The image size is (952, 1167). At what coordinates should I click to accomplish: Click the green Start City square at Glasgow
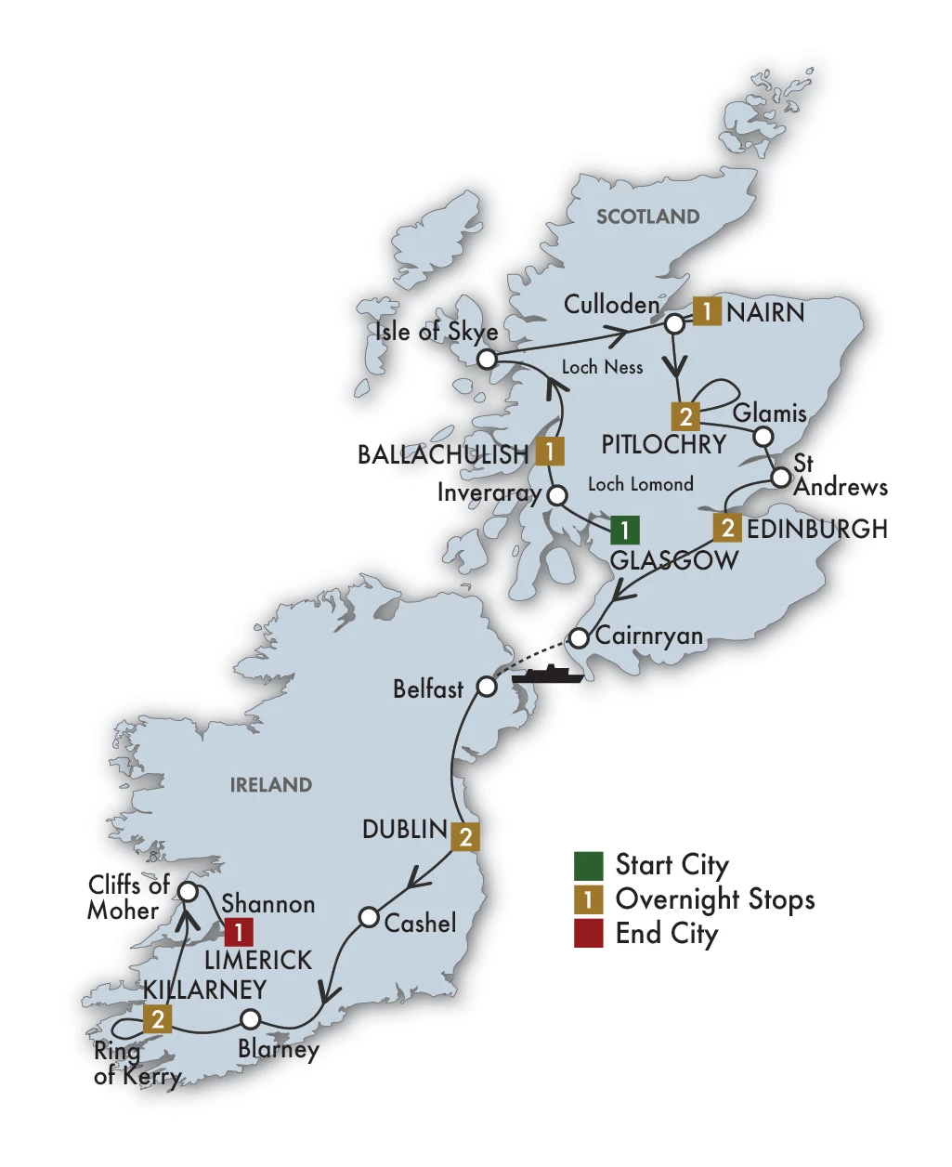pos(624,530)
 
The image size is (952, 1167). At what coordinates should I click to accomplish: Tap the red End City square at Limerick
pos(239,932)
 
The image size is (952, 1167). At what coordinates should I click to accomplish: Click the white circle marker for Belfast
pos(487,687)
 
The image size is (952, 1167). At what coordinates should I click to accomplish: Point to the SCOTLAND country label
pos(647,216)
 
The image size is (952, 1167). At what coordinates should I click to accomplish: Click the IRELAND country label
pos(271,785)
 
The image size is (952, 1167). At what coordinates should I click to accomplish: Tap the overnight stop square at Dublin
pos(465,836)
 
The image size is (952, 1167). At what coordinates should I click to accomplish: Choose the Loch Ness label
pos(602,367)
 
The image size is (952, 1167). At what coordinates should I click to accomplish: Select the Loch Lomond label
pos(640,484)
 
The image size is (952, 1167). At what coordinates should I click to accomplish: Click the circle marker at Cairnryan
pos(579,638)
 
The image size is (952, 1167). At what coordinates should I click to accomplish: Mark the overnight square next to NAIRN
pos(707,311)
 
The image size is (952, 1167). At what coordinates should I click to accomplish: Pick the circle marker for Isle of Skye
pos(487,359)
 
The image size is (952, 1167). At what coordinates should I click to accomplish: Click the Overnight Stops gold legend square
pos(588,899)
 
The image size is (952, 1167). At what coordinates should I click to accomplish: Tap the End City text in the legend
pos(666,934)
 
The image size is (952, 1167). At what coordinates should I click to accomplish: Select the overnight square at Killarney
pos(158,1019)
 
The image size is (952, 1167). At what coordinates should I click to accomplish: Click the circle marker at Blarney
pos(250,1018)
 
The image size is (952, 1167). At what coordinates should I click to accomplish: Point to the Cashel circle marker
pos(369,917)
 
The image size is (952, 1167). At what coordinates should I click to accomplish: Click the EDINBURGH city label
pos(817,529)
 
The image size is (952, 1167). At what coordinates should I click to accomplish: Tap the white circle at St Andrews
pos(781,478)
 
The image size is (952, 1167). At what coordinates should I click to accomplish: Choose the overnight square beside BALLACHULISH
pos(550,452)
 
